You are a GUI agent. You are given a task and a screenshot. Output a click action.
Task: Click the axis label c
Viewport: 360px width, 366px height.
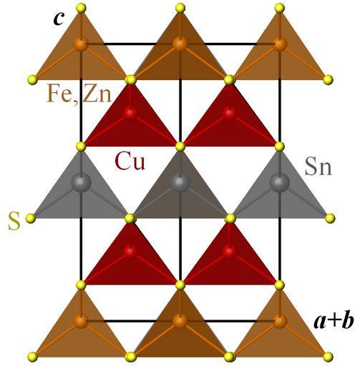point(59,19)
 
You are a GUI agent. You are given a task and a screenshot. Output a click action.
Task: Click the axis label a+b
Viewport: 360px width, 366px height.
point(334,322)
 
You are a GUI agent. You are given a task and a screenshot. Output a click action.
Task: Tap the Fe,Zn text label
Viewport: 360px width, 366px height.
point(79,94)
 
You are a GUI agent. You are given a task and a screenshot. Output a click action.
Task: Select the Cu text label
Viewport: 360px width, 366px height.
point(130,161)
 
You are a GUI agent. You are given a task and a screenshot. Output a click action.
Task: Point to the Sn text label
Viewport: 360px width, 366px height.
point(318,167)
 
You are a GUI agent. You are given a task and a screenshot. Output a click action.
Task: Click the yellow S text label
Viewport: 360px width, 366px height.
point(14,222)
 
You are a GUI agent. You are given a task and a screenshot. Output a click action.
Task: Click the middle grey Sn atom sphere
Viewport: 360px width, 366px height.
point(180,183)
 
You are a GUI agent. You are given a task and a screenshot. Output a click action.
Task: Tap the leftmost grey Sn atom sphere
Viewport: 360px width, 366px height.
point(82,183)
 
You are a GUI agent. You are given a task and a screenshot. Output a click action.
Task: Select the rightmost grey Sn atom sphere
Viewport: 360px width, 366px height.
point(279,183)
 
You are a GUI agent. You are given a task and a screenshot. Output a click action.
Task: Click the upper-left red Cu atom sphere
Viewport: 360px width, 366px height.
point(130,113)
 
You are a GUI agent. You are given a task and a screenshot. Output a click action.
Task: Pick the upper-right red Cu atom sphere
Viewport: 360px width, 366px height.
point(230,113)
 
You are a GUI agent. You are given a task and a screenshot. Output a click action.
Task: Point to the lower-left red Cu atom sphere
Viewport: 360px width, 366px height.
point(130,251)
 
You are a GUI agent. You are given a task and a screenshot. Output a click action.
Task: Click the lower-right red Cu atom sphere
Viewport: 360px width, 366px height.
point(230,251)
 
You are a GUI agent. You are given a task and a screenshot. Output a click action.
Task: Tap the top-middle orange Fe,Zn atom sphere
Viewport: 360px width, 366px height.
point(180,44)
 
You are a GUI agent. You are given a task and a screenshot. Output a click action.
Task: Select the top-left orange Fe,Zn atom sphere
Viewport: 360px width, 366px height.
point(81,44)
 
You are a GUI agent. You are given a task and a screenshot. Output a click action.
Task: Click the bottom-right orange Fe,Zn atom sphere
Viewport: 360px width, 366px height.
point(279,321)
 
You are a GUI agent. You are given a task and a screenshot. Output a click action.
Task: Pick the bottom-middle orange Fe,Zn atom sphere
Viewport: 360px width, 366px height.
point(180,321)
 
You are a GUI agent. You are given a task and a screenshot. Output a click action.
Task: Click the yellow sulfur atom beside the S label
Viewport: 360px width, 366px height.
point(31,218)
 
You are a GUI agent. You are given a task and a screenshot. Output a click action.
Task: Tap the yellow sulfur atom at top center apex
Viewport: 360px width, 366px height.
point(180,8)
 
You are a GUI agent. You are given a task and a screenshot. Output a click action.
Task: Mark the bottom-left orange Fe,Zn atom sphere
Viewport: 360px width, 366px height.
point(81,321)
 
